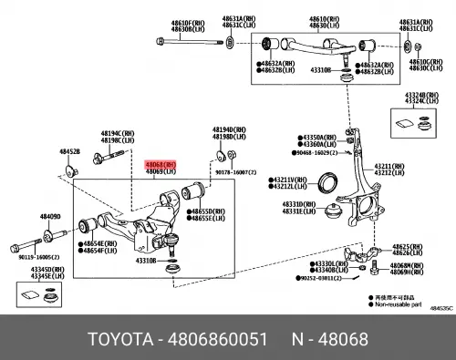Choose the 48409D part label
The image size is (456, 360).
tap(49, 217)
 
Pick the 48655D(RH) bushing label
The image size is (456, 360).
tap(208, 212)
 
